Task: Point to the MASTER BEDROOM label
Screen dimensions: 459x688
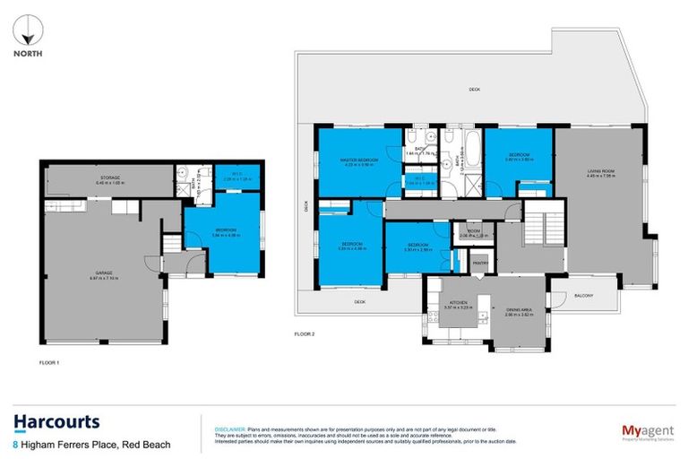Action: pyautogui.click(x=359, y=161)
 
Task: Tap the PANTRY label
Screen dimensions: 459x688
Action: pyautogui.click(x=479, y=263)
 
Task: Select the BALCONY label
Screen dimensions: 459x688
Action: pyautogui.click(x=584, y=295)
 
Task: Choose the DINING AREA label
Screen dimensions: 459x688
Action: pyautogui.click(x=519, y=314)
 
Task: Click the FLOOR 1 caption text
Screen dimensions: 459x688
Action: pyautogui.click(x=49, y=363)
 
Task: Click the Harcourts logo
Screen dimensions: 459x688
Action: pyautogui.click(x=56, y=422)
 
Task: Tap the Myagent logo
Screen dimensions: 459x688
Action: pyautogui.click(x=648, y=432)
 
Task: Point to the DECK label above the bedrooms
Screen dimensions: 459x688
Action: pyautogui.click(x=474, y=90)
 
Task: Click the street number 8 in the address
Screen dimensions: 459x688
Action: pyautogui.click(x=15, y=445)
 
